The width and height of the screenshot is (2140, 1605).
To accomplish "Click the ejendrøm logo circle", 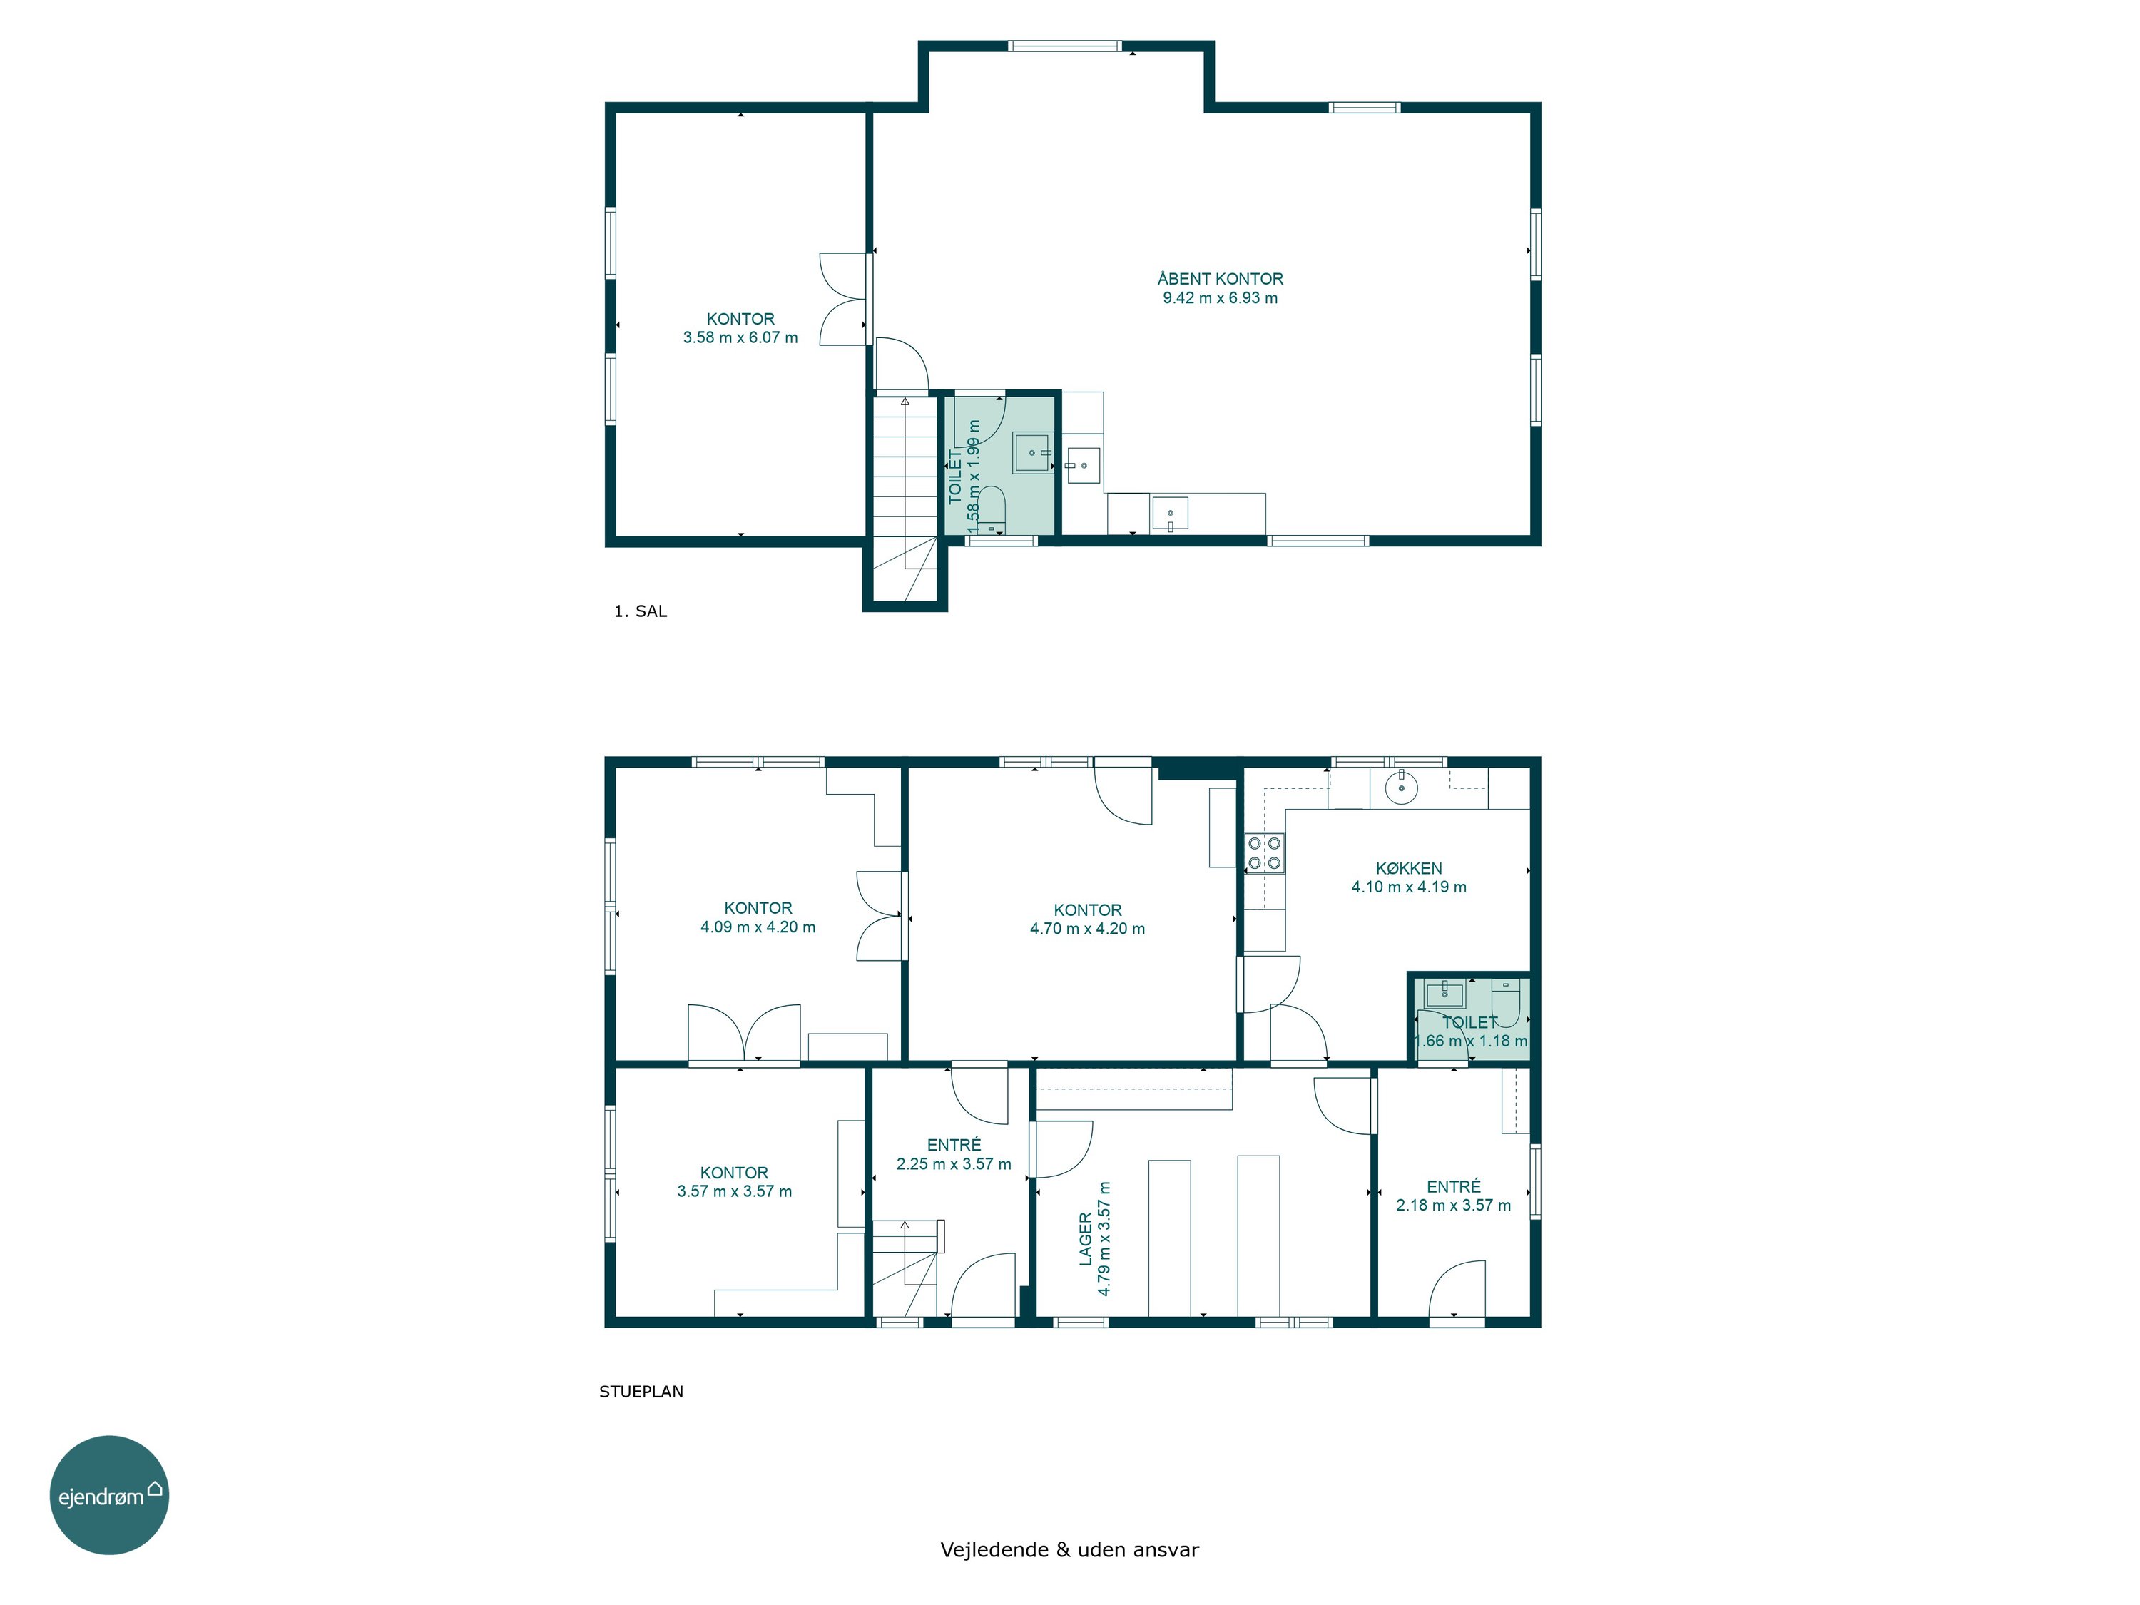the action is pyautogui.click(x=109, y=1494).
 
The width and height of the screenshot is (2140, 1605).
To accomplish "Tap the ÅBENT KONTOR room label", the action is pyautogui.click(x=1220, y=279).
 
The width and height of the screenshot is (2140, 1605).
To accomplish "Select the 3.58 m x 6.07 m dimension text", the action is pyautogui.click(x=740, y=337).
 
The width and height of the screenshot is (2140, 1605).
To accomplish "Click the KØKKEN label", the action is pyautogui.click(x=1409, y=869).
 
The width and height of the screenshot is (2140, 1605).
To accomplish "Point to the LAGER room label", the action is pyautogui.click(x=1086, y=1239).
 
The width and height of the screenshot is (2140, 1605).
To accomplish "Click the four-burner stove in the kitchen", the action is pyautogui.click(x=1265, y=853).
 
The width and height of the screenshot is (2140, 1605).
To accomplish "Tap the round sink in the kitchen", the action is pyautogui.click(x=1401, y=788).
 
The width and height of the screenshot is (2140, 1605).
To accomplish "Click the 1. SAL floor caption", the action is pyautogui.click(x=641, y=611).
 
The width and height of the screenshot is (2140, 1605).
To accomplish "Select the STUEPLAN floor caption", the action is pyautogui.click(x=641, y=1392).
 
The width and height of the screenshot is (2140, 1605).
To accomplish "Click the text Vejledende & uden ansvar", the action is pyautogui.click(x=1069, y=1550).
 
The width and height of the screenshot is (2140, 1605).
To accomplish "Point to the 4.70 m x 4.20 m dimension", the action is pyautogui.click(x=1087, y=929).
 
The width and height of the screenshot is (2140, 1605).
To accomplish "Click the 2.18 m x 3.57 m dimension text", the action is pyautogui.click(x=1453, y=1206).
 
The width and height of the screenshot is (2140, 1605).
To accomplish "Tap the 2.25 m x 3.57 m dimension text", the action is pyautogui.click(x=954, y=1164).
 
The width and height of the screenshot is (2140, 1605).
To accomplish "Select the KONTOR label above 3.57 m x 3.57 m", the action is pyautogui.click(x=734, y=1173).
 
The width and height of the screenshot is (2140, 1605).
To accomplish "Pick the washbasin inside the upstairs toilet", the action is pyautogui.click(x=1033, y=453).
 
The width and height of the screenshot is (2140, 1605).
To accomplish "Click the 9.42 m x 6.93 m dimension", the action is pyautogui.click(x=1220, y=298).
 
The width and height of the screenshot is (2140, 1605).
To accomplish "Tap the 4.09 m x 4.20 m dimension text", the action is pyautogui.click(x=758, y=927).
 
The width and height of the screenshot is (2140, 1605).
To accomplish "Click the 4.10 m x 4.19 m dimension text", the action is pyautogui.click(x=1409, y=887).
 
